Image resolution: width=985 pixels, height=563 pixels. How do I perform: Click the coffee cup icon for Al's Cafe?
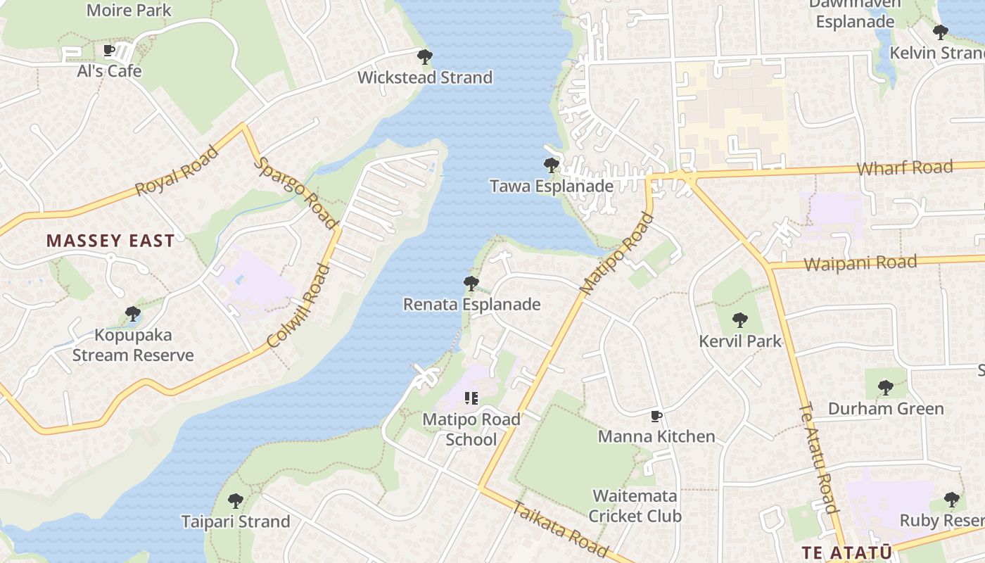click(x=109, y=51)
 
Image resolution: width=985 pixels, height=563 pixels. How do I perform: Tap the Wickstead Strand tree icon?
click(x=424, y=56)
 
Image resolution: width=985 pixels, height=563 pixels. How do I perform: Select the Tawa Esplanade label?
click(x=552, y=186)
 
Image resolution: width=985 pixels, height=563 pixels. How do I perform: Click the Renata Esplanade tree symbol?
click(x=471, y=284)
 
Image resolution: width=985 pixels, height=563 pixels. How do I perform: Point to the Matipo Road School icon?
click(x=471, y=398)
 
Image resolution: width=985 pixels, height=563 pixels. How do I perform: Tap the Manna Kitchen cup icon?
click(x=656, y=416)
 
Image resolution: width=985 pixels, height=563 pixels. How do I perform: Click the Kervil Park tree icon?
click(x=739, y=321)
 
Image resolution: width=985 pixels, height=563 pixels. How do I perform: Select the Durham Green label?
click(x=886, y=409)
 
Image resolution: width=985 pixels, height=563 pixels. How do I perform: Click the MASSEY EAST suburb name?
click(x=110, y=241)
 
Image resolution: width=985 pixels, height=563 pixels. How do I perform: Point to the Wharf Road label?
click(x=905, y=168)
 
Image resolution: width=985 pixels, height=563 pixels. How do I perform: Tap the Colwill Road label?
click(x=299, y=306)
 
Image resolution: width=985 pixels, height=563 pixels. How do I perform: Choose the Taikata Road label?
click(x=560, y=529)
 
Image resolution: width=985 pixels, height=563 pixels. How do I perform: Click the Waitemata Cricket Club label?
click(x=635, y=506)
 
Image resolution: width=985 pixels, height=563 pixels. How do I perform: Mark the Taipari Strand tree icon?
click(x=236, y=501)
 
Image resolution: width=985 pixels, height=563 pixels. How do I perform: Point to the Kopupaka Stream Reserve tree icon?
click(x=132, y=314)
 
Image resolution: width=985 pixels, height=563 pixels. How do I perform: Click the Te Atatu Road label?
click(x=819, y=457)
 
